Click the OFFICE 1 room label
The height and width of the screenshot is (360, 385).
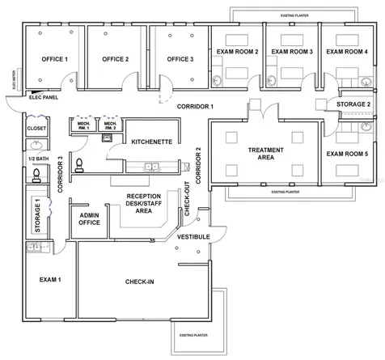coord(54,59)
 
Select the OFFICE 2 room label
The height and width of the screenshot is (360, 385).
coord(115,59)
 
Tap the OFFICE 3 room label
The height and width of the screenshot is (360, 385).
coord(180,59)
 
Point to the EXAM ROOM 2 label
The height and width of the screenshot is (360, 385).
coord(237,52)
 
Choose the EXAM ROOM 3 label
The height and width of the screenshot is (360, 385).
coord(292,52)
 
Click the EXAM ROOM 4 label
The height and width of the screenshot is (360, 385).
coord(347,52)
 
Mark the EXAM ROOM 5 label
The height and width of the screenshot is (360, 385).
coord(347,153)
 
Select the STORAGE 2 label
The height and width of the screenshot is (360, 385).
coord(353,104)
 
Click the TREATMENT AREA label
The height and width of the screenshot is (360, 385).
coord(264,152)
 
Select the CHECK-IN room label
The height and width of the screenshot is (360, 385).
coord(141,282)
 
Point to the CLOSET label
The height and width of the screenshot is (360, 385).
coord(36,127)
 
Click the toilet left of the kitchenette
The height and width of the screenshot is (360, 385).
coord(78,164)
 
